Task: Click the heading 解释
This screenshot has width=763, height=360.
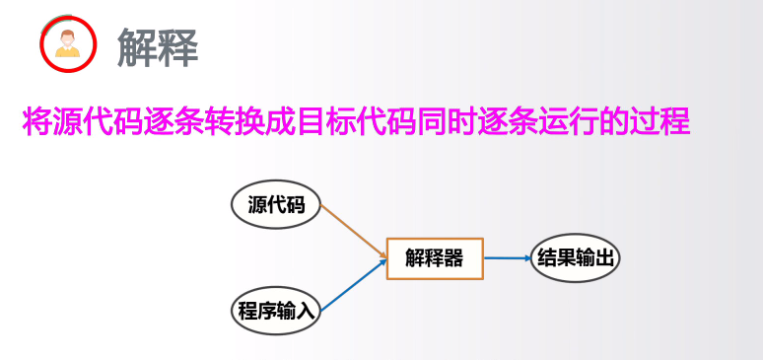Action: click(158, 45)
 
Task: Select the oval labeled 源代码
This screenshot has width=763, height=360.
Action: click(276, 205)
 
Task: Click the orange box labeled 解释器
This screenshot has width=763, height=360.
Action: click(434, 258)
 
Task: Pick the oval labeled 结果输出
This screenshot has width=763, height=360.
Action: click(576, 258)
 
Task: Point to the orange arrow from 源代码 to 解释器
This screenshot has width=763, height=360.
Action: click(353, 232)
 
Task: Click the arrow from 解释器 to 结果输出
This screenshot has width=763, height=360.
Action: click(507, 258)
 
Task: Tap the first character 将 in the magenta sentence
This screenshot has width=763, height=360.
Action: click(35, 122)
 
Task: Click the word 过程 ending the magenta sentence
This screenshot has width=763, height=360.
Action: click(660, 122)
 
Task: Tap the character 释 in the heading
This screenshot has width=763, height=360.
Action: click(178, 45)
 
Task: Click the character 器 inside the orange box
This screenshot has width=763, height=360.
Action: click(453, 258)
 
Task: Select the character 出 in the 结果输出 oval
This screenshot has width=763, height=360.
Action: click(605, 258)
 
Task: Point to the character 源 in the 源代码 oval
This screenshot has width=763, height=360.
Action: click(258, 205)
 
